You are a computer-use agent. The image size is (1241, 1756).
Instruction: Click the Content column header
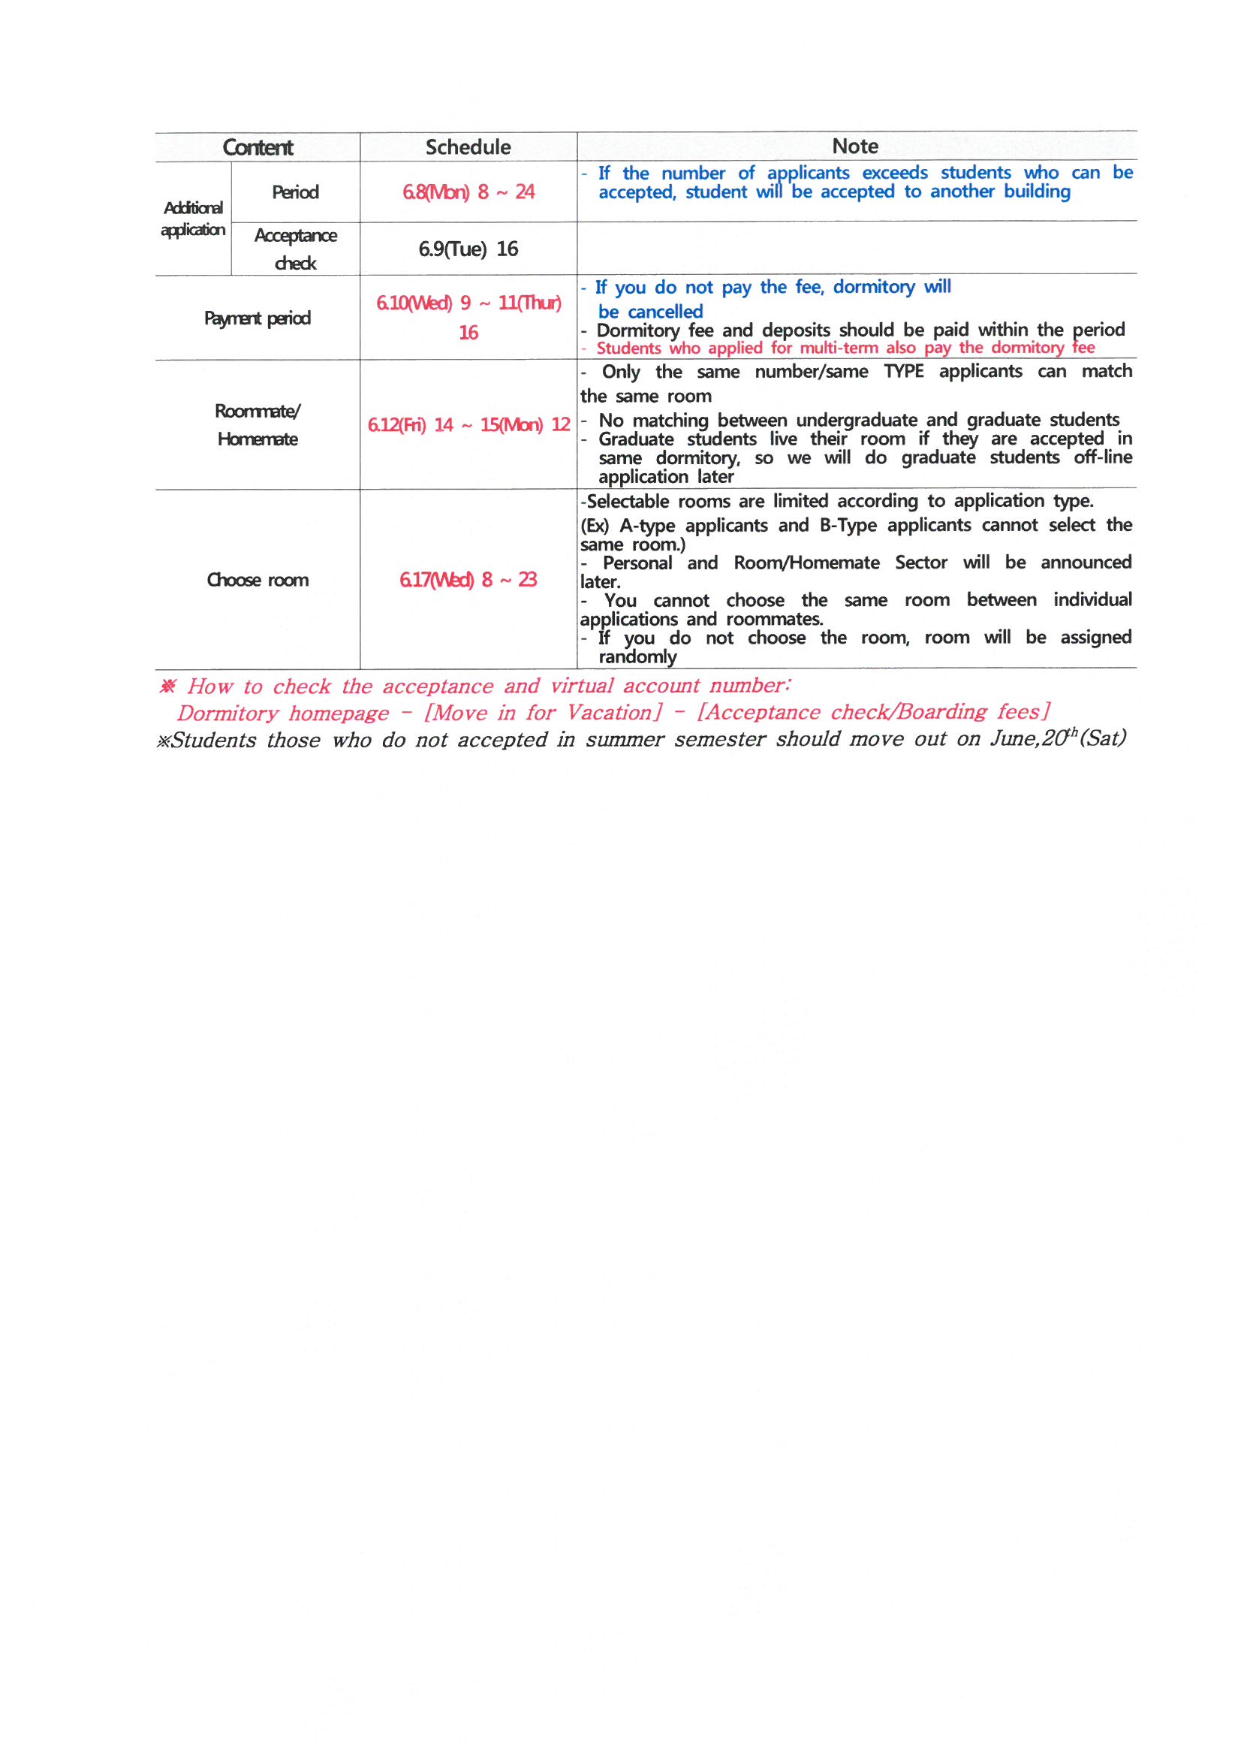tap(258, 147)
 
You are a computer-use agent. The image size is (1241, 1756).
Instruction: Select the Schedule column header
tap(468, 147)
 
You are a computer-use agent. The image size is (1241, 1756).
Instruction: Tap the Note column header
tap(855, 146)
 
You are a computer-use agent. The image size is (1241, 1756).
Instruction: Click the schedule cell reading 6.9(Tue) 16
tap(468, 249)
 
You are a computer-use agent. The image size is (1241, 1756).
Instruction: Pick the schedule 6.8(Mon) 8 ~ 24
tap(468, 192)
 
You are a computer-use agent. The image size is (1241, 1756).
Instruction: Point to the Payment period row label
tap(258, 318)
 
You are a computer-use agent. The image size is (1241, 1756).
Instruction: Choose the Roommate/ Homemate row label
tap(258, 425)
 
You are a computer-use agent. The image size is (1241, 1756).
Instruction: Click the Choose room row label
tap(258, 580)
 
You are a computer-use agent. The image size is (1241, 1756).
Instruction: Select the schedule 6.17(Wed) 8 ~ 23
tap(468, 580)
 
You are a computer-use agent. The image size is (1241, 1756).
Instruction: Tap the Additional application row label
tap(194, 219)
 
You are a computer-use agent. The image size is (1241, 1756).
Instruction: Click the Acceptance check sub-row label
tap(295, 249)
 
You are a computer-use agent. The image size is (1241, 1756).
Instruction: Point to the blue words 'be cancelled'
tap(650, 312)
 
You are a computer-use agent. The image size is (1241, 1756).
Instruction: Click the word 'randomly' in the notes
tap(637, 657)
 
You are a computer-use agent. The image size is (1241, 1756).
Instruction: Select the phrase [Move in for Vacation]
tap(543, 713)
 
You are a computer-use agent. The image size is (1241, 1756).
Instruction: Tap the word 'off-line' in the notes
tap(1102, 457)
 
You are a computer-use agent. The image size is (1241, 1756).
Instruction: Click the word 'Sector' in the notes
tap(920, 563)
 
